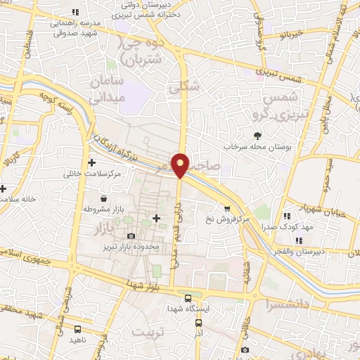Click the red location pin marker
pos(181,165)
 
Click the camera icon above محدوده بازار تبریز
pos(130,236)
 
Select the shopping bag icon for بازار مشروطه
pos(104,199)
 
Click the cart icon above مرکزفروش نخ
pos(226,208)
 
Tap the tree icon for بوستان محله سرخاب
pos(257,136)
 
